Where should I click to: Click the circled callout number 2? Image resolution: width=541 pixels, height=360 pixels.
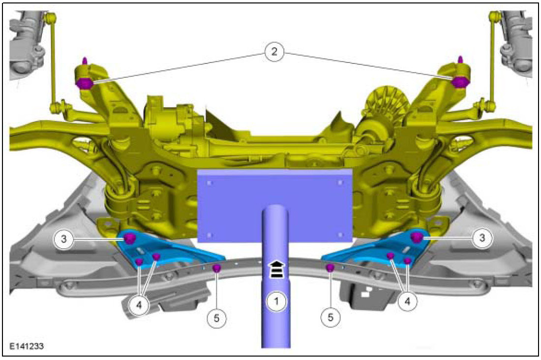[274, 52]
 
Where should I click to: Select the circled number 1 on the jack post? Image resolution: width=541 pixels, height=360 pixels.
[276, 301]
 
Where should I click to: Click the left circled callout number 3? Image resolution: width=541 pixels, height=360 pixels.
[63, 239]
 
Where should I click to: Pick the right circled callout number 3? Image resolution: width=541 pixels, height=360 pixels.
[482, 238]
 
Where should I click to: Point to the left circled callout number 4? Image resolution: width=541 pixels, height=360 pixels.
[139, 305]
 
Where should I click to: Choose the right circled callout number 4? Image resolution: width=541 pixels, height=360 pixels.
[408, 301]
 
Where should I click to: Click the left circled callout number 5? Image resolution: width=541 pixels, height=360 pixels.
[216, 318]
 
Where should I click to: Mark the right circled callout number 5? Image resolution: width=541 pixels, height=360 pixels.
[331, 317]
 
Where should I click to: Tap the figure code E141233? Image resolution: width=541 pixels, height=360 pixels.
[27, 346]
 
